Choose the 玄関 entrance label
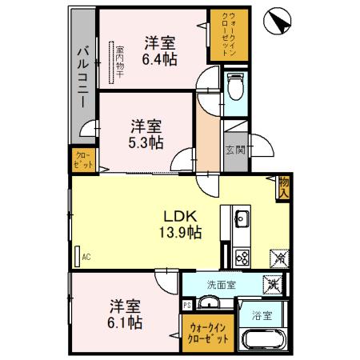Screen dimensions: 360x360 (234, 150)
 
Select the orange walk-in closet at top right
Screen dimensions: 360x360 (228, 38)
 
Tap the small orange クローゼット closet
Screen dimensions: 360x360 (83, 158)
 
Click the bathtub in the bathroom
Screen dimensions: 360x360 (262, 337)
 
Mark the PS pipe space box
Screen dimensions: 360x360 (187, 304)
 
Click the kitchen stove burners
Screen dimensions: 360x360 (242, 257)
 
